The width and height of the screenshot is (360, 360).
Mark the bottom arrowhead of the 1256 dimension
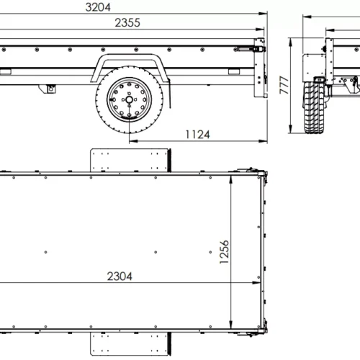click(x=232, y=328)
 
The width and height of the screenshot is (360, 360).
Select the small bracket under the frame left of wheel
click(x=51, y=89)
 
